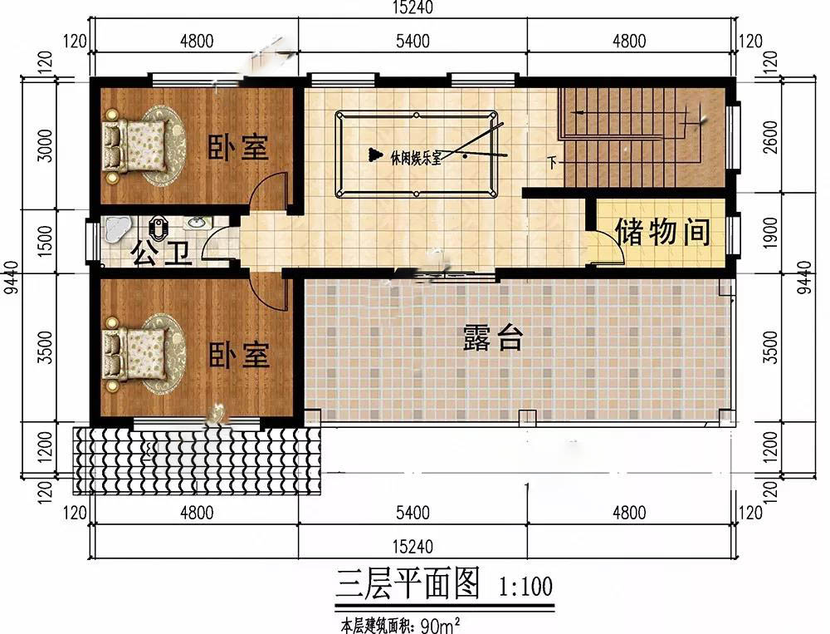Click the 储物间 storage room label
[662, 232]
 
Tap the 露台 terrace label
[493, 337]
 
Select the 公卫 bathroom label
[162, 253]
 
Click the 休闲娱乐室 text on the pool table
[416, 158]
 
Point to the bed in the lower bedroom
[135, 354]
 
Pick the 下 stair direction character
[553, 162]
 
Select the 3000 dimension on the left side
[46, 145]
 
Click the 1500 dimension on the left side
[46, 241]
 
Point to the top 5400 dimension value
[413, 41]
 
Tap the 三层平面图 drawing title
[408, 583]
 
